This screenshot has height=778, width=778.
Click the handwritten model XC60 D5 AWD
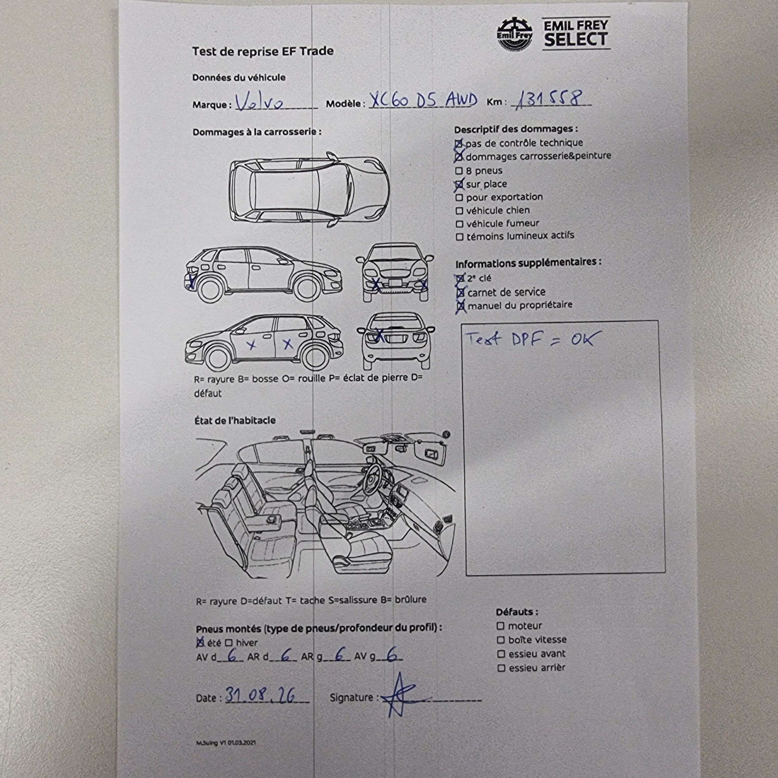[x=423, y=100]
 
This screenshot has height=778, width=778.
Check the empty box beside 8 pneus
[x=459, y=171]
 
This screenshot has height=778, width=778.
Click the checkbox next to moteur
[x=501, y=626]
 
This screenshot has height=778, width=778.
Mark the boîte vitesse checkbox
[x=501, y=640]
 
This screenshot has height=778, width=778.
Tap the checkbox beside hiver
[x=229, y=643]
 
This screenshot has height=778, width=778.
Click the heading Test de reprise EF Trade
[x=263, y=51]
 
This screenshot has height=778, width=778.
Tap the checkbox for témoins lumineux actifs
[x=459, y=237]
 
